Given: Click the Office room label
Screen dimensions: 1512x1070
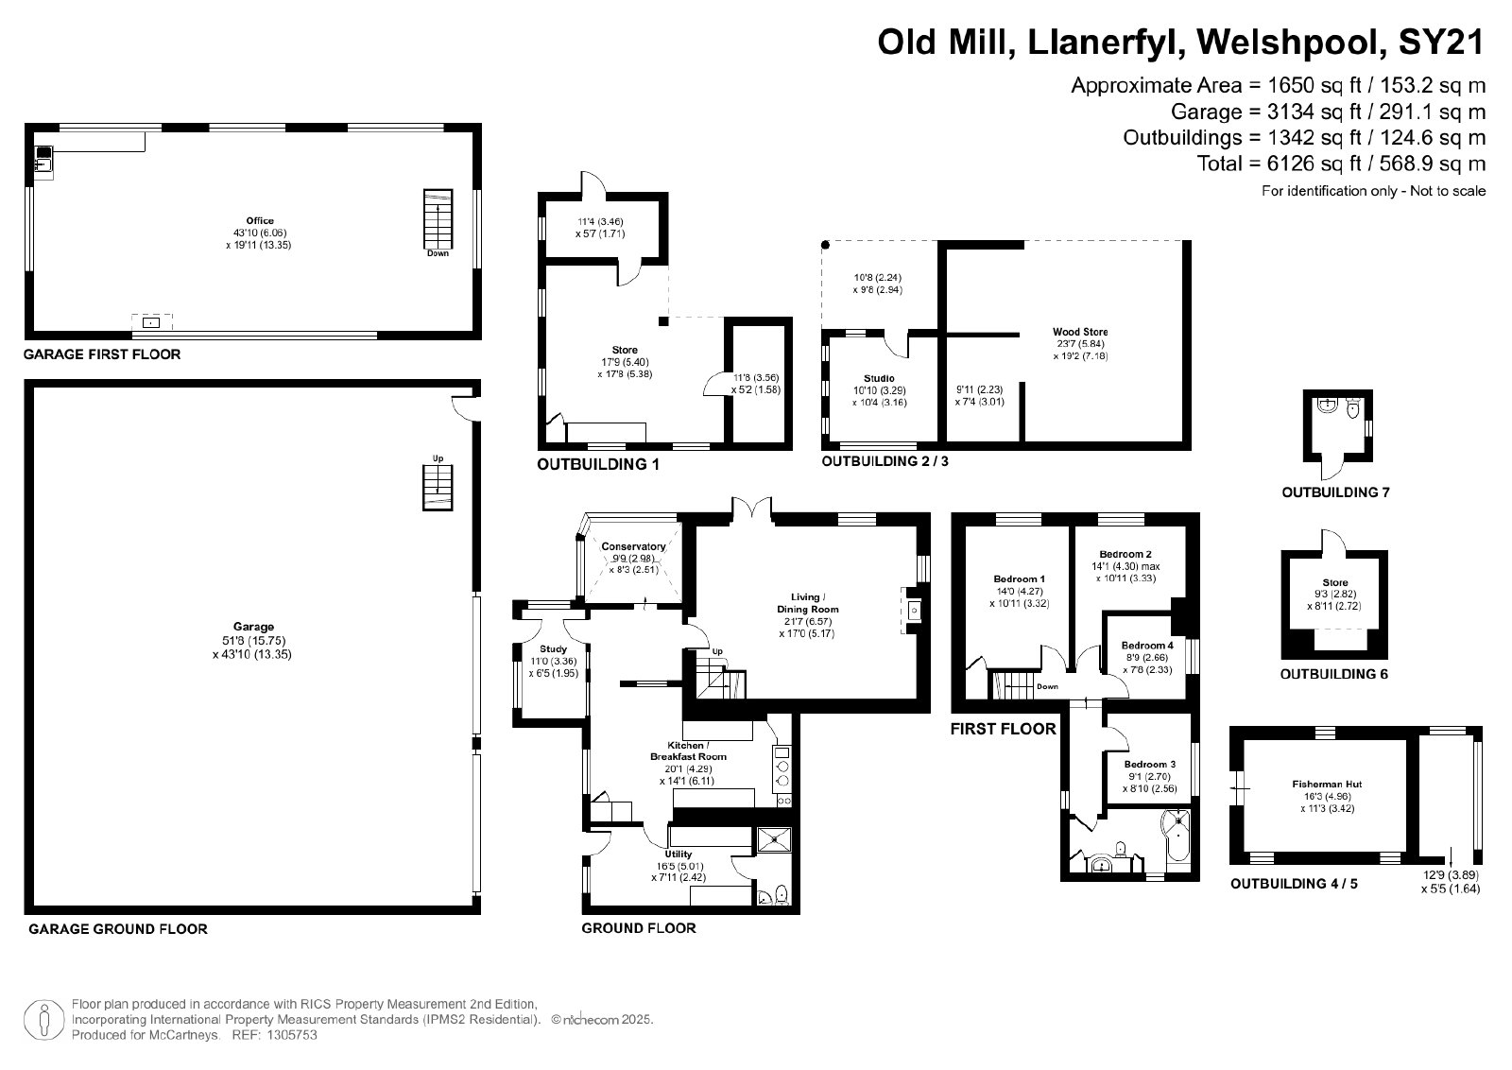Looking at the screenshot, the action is pos(260,221).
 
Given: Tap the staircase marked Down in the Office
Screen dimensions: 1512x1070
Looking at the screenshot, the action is pos(438,218).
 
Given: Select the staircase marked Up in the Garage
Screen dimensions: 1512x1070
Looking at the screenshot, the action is pos(438,488).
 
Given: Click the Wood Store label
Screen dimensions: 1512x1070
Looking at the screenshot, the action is pos(1080,332).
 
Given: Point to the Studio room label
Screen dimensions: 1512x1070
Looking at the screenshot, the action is pos(879,378).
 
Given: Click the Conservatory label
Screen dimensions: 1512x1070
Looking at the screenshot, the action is pos(633,546).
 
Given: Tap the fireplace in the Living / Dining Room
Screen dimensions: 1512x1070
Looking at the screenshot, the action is pos(912,611).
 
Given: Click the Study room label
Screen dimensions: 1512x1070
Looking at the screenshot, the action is pos(553,648).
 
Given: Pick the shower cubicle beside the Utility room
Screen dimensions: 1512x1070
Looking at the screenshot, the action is pos(773,839).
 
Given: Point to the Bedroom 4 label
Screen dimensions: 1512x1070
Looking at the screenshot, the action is pos(1147,646).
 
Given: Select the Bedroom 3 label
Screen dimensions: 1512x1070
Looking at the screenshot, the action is pos(1149,764).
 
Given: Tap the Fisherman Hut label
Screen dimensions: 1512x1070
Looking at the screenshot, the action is pos(1327,784).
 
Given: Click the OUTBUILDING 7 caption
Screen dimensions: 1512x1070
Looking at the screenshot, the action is pos(1335,492).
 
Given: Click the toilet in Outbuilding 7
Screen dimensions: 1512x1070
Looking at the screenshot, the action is pos(1352,408).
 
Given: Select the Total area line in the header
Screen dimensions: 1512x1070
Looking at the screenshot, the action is pos(1341,164).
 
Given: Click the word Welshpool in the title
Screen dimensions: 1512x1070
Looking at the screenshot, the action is pos(1292,43).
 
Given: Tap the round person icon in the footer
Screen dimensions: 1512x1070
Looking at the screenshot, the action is pos(44,1020).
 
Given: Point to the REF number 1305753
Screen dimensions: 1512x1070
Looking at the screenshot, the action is pos(292,1035).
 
